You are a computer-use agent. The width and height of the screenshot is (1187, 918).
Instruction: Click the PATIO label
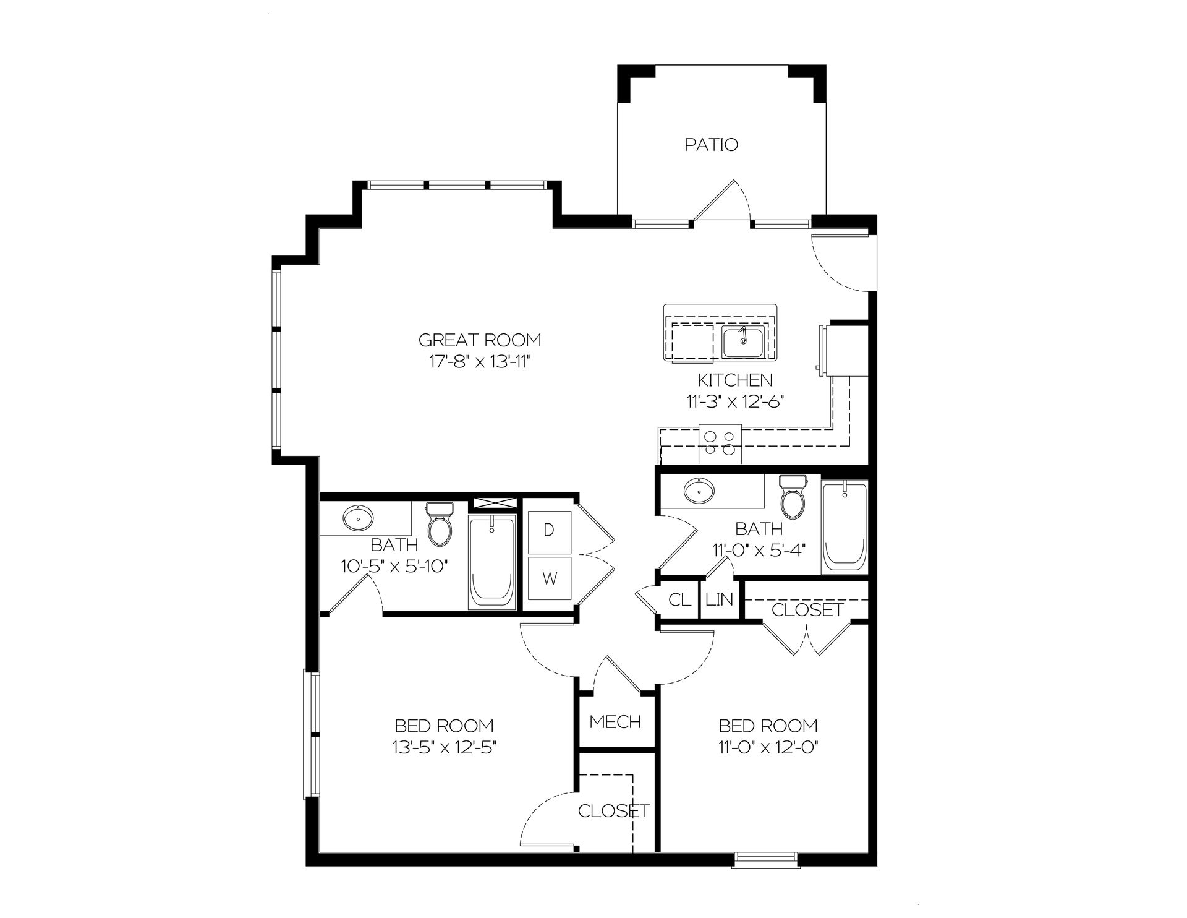pyautogui.click(x=711, y=145)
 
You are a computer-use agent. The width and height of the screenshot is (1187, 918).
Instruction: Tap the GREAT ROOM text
pyautogui.click(x=480, y=340)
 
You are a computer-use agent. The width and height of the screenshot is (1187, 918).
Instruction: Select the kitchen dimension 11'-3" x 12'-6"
pyautogui.click(x=734, y=401)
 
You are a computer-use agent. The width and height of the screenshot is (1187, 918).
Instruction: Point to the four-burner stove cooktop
pyautogui.click(x=720, y=444)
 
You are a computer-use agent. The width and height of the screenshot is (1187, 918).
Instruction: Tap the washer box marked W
pyautogui.click(x=549, y=578)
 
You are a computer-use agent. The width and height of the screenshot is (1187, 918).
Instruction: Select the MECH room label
pyautogui.click(x=615, y=721)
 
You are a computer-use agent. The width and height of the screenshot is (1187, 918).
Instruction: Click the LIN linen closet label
pyautogui.click(x=720, y=599)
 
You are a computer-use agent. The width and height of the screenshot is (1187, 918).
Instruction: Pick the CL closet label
pyautogui.click(x=680, y=599)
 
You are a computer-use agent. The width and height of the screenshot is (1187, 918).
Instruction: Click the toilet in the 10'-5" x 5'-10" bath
pyautogui.click(x=440, y=525)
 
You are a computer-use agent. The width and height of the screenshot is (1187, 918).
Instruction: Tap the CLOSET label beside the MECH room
pyautogui.click(x=613, y=810)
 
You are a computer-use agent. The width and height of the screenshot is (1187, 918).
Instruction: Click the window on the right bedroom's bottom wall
pyautogui.click(x=766, y=857)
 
